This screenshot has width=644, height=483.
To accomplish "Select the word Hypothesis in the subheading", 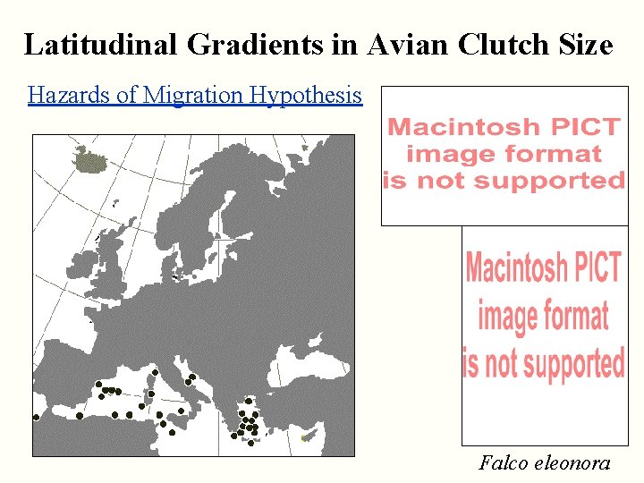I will click(x=307, y=96).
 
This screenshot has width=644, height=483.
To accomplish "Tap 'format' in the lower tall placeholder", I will click(x=543, y=316).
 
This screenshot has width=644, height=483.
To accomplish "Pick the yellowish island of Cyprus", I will click(x=308, y=437).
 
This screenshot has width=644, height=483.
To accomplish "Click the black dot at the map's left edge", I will click(x=36, y=417).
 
